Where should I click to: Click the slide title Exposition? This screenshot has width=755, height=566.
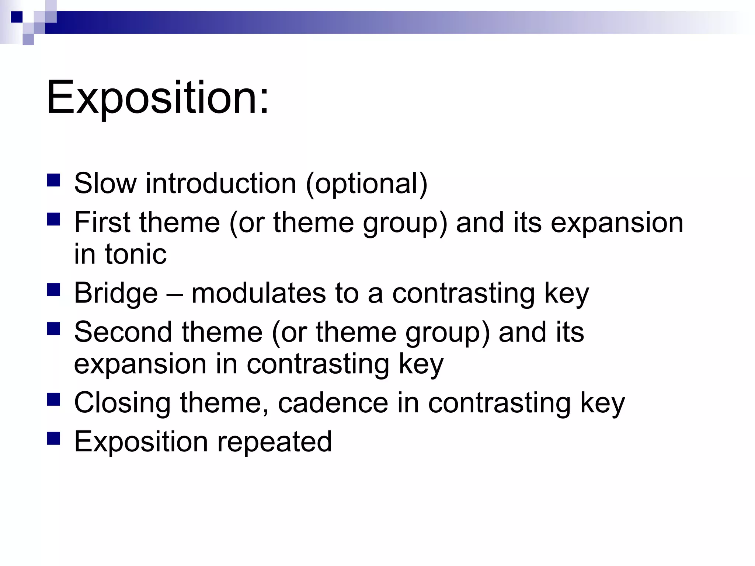coord(158,98)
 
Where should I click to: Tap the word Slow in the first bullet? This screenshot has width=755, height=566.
coord(105,184)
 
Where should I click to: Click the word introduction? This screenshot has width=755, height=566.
coord(221,184)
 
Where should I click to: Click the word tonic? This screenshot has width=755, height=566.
coord(136,254)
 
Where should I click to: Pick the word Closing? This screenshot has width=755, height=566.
coord(122,403)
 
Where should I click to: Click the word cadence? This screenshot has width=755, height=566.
coord(333,403)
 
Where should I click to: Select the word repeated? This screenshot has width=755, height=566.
coord(274,442)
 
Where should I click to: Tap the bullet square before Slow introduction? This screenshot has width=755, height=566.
coord(54,181)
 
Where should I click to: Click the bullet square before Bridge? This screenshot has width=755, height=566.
coord(54,290)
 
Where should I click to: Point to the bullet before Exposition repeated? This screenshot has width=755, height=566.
coord(54,439)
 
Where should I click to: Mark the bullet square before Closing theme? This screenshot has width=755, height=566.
coord(54,399)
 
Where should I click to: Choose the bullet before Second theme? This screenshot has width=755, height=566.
coord(54,329)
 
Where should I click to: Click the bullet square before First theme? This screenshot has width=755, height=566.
coord(54,220)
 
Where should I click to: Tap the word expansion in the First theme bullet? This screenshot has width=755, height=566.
coord(617,223)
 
